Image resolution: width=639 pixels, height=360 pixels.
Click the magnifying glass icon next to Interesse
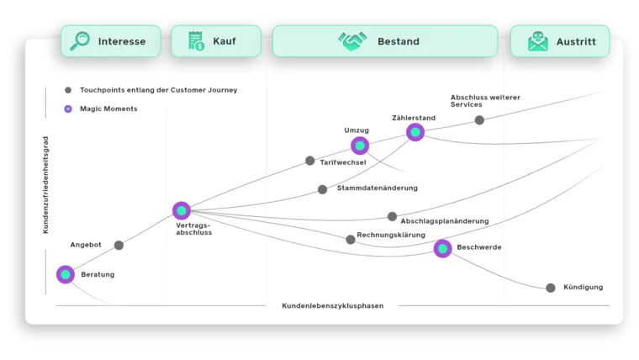tap(80, 41)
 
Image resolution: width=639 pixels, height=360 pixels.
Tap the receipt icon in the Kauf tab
tap(196, 41)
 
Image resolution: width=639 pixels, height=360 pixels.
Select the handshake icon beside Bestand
tap(352, 41)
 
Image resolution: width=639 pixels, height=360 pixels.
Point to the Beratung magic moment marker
tap(66, 274)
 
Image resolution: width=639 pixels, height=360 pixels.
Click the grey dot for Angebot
tap(119, 246)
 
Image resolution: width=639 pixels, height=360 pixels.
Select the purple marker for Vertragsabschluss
tap(182, 210)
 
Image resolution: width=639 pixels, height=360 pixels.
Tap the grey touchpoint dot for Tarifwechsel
tap(310, 161)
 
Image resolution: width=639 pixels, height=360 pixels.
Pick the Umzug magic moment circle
tap(360, 146)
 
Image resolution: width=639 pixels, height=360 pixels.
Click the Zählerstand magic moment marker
tap(415, 132)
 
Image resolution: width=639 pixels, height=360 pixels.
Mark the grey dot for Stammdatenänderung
tap(323, 189)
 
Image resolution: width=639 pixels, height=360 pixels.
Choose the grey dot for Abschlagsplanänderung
tap(392, 216)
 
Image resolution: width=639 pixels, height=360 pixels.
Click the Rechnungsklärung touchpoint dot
tap(351, 240)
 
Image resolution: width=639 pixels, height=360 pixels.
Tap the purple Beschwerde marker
tap(443, 248)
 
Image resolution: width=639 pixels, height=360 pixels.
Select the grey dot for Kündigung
tap(551, 288)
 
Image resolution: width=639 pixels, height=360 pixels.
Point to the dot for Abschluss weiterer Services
tap(479, 120)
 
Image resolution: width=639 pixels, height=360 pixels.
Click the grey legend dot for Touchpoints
tap(68, 90)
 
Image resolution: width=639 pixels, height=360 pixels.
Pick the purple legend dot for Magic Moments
tap(68, 109)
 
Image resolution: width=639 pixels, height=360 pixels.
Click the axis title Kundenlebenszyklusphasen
tap(332, 306)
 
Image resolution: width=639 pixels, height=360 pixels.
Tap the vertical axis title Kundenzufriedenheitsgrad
tap(45, 185)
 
